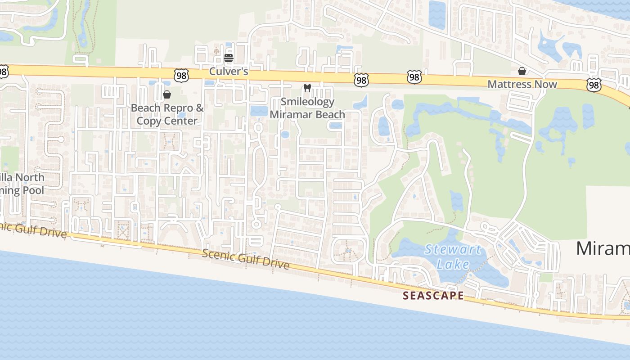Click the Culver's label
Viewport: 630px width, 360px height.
[x=229, y=72]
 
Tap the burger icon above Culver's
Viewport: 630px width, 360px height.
[x=229, y=58]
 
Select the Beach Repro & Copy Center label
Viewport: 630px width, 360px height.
[x=167, y=114]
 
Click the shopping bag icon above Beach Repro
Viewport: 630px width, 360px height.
[x=167, y=94]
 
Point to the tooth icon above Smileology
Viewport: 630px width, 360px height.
[x=307, y=88]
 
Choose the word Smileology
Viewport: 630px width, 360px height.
[x=307, y=102]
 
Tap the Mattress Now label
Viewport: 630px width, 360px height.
[x=522, y=84]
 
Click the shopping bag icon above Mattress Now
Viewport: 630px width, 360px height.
[x=522, y=71]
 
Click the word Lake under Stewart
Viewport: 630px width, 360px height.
[x=453, y=264]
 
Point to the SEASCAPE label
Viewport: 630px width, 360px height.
[x=433, y=296]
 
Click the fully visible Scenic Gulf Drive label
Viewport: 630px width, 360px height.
[x=246, y=259]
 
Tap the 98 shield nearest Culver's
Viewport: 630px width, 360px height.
[x=181, y=75]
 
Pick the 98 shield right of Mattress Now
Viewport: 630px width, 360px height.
[x=594, y=85]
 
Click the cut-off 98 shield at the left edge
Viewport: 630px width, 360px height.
[x=3, y=72]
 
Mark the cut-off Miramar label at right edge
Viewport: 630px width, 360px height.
[x=603, y=248]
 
